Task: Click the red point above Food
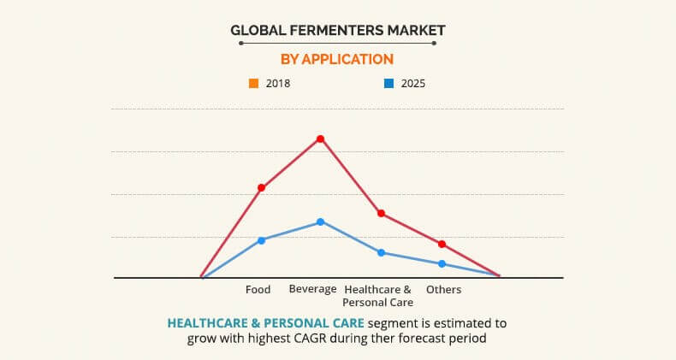tap(261, 187)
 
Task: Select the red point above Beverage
tap(320, 139)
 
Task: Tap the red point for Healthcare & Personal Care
tap(381, 213)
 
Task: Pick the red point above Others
tap(442, 244)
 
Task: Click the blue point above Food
tap(261, 240)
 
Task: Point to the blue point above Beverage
tap(320, 221)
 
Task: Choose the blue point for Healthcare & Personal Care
tap(381, 252)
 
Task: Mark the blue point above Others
tap(442, 263)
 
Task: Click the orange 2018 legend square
tap(253, 84)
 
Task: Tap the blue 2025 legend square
tap(388, 84)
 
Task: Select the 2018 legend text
tap(278, 84)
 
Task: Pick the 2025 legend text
tap(412, 84)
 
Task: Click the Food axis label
tap(258, 289)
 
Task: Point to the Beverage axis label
tap(312, 289)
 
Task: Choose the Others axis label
tap(443, 289)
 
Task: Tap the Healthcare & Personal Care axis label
tap(377, 295)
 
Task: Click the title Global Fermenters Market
tap(338, 31)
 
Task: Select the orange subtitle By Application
tap(337, 59)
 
